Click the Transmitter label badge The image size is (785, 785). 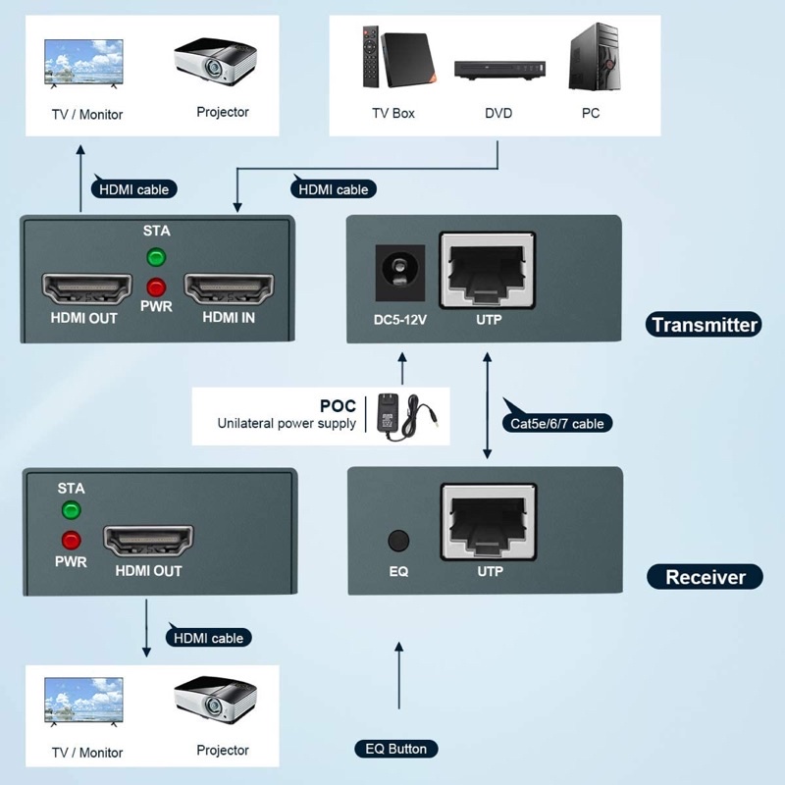click(x=704, y=325)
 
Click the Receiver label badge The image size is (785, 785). click(x=705, y=577)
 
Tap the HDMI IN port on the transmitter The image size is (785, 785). click(x=229, y=290)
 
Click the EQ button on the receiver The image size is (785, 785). click(x=398, y=541)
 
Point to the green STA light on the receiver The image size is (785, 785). click(x=71, y=510)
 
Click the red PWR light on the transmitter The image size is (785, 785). click(x=155, y=288)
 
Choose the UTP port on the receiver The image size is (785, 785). click(x=489, y=520)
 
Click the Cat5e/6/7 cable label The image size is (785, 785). click(x=557, y=424)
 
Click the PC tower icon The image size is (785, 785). click(x=591, y=60)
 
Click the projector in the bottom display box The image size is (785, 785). click(x=215, y=700)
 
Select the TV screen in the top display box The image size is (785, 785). click(x=83, y=65)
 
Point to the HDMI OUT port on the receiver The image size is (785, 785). click(x=148, y=541)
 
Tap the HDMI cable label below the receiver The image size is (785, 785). click(x=208, y=638)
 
